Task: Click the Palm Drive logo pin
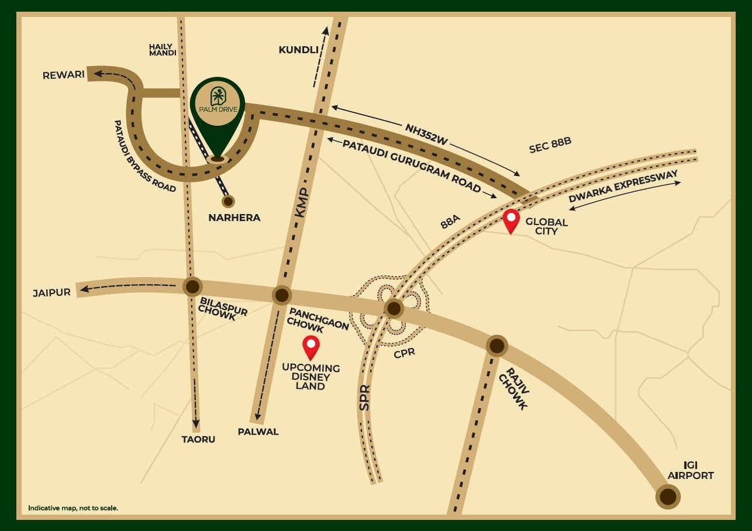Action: pos(217,108)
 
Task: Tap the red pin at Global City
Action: pos(512,220)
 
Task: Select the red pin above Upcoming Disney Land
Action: pos(311,346)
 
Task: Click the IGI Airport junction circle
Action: pos(668,497)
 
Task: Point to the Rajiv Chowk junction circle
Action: pos(496,346)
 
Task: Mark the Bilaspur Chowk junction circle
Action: pos(192,287)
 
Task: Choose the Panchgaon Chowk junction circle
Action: pos(282,295)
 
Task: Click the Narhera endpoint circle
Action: pos(228,201)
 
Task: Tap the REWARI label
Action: pos(64,75)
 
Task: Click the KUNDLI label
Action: pos(298,50)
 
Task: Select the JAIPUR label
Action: pos(51,292)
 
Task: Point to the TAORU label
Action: pos(198,439)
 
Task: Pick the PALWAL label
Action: pos(258,432)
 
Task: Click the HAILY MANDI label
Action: pos(163,50)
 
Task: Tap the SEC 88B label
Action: pos(550,146)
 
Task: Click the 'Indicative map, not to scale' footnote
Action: pos(73,508)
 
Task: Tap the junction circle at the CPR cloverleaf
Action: pos(394,308)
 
